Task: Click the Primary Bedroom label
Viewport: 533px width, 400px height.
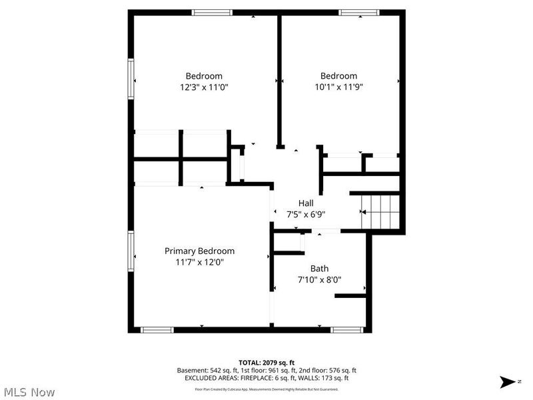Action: pos(200,251)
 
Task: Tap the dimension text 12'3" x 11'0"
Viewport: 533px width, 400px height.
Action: pos(204,87)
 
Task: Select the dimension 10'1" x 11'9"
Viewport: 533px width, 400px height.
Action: pos(338,87)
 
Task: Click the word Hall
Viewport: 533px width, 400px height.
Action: pos(306,203)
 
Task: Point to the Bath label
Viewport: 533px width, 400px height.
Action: pos(319,269)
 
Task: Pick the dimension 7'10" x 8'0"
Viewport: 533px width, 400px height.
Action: pos(319,280)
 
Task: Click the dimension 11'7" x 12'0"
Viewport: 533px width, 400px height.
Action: pos(200,262)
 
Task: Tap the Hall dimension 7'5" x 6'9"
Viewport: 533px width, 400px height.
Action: pos(306,214)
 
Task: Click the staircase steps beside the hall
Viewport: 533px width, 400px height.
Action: pos(380,211)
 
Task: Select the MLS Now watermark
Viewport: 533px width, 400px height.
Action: pos(29,392)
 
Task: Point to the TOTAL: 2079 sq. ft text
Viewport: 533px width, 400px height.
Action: pos(266,362)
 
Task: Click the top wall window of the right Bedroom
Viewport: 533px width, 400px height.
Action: pos(359,12)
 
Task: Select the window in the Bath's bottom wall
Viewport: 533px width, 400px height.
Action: pos(347,329)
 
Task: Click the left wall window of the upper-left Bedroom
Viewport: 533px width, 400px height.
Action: pos(131,79)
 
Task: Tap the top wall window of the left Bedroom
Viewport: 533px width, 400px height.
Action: pos(213,12)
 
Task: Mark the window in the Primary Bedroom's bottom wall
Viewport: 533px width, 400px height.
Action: pos(157,329)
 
